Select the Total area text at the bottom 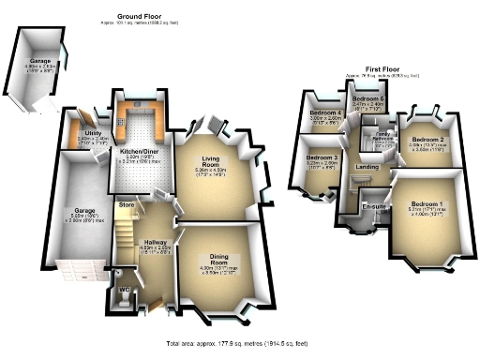pos(239,345)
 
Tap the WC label pos(123,290)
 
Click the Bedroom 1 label pos(427,204)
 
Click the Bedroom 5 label pos(367,98)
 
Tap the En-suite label pos(375,205)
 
